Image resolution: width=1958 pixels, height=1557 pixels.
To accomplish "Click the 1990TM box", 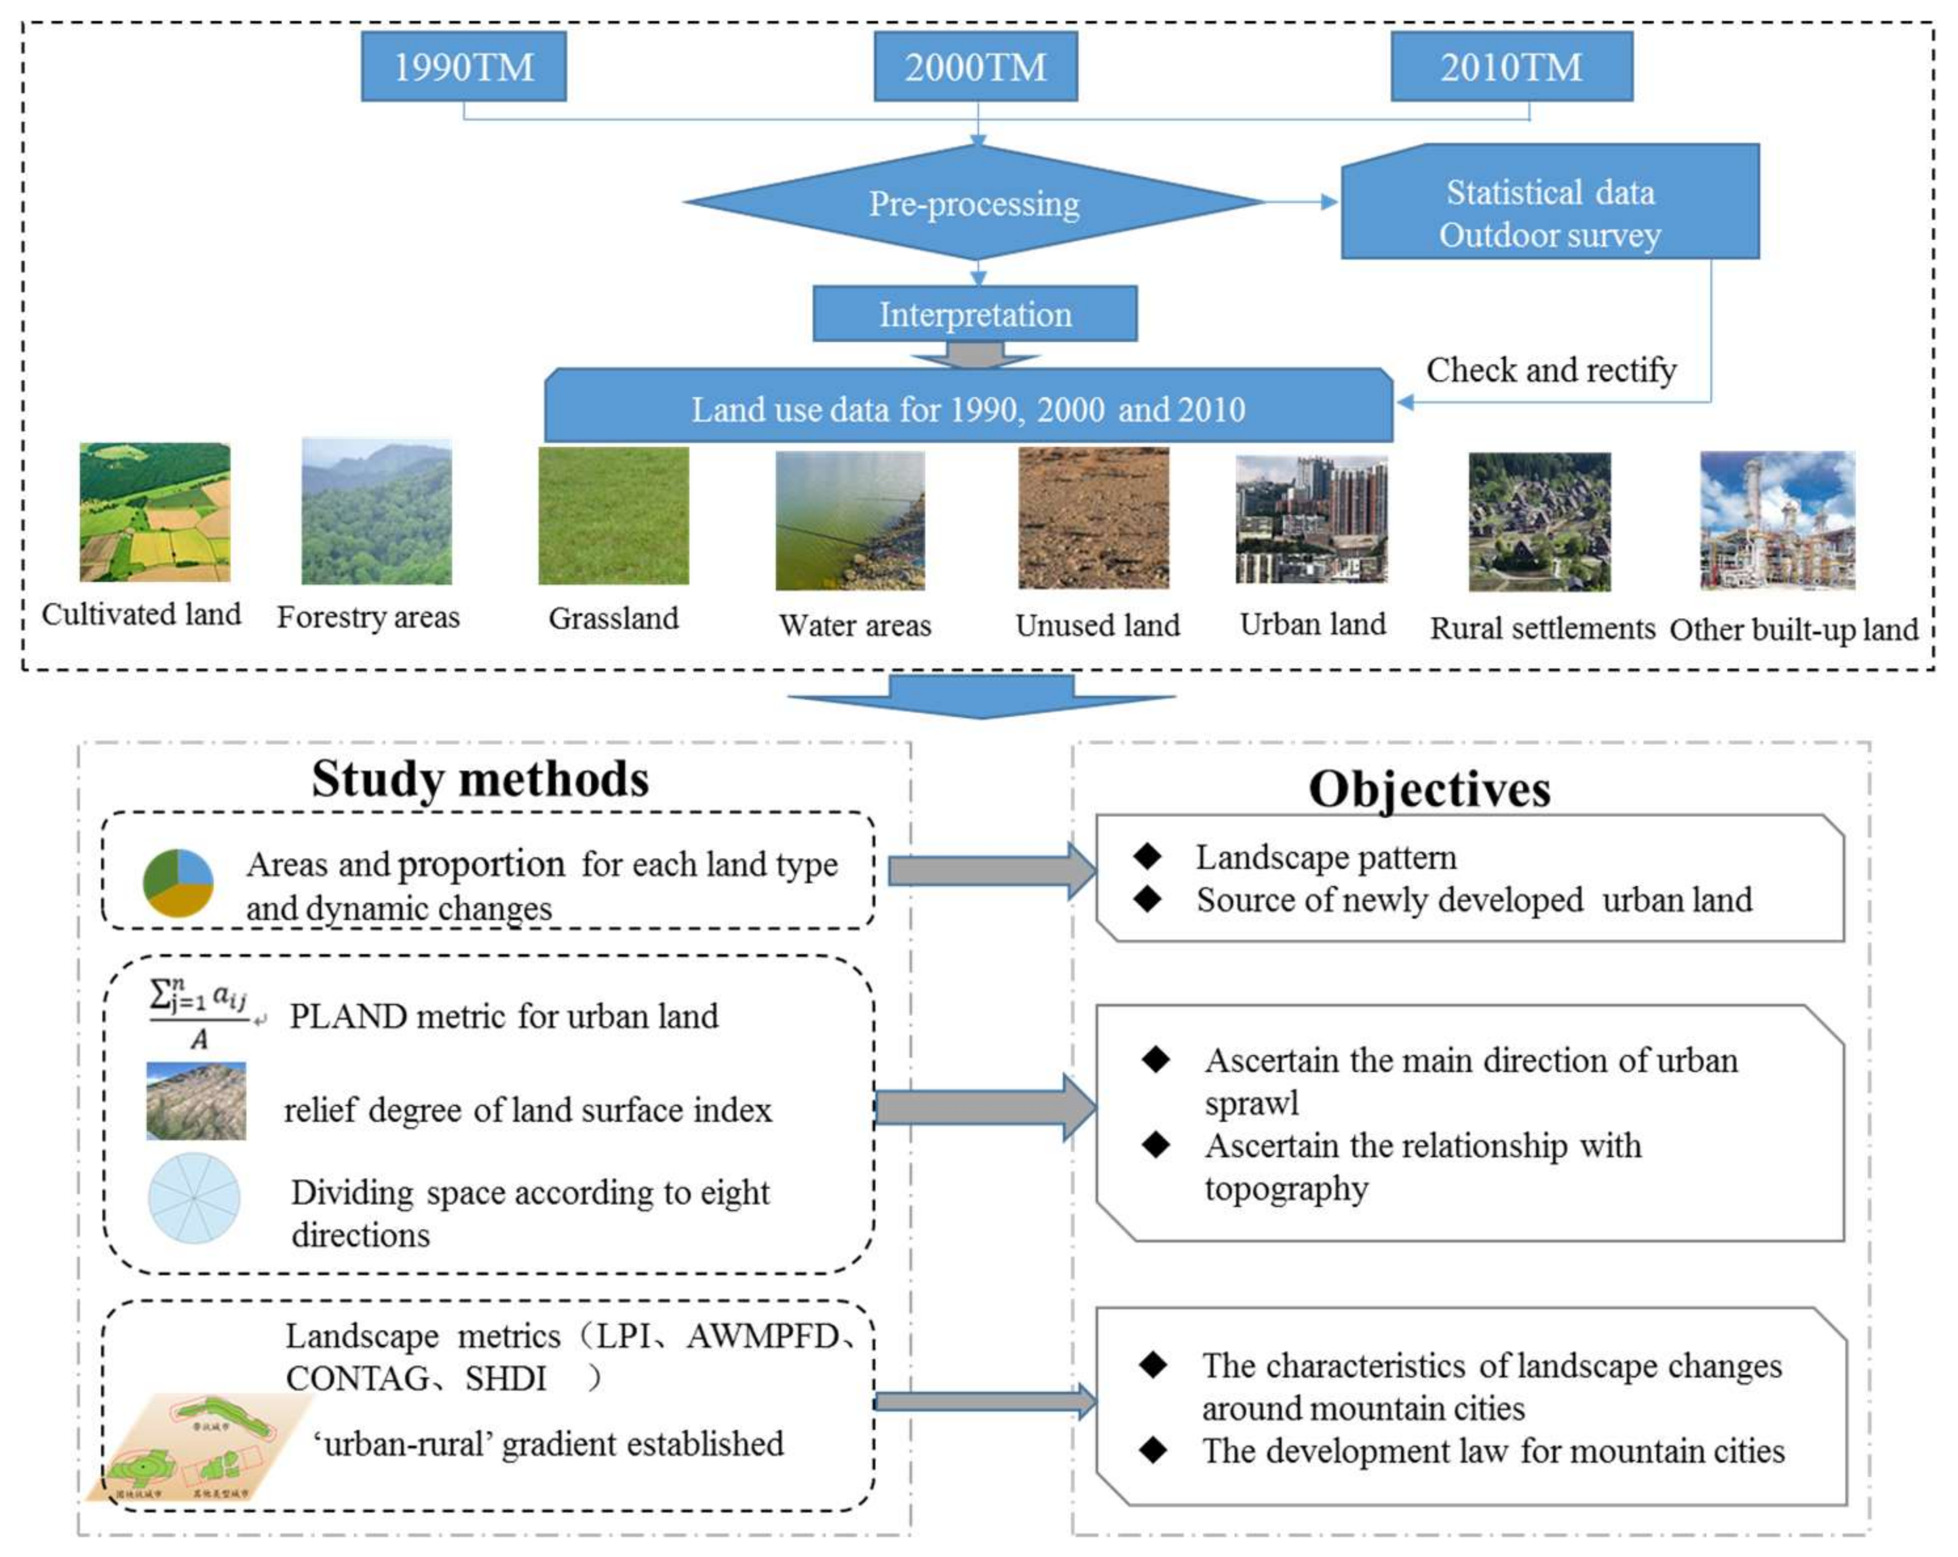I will [x=463, y=66].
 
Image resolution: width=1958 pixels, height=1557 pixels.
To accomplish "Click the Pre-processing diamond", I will [x=974, y=202].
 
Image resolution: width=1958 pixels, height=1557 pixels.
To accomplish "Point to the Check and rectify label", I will [x=1550, y=370].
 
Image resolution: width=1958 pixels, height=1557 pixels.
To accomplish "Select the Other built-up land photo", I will [x=1776, y=520].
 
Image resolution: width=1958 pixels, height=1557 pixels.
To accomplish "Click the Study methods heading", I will [x=480, y=778].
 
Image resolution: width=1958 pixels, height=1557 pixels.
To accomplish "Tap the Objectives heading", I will [x=1429, y=788].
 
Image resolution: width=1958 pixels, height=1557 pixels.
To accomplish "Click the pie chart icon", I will [x=178, y=882].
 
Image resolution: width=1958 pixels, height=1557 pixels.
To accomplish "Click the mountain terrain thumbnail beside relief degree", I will [x=195, y=1101].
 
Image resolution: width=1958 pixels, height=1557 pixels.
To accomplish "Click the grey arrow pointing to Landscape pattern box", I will [x=990, y=870].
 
